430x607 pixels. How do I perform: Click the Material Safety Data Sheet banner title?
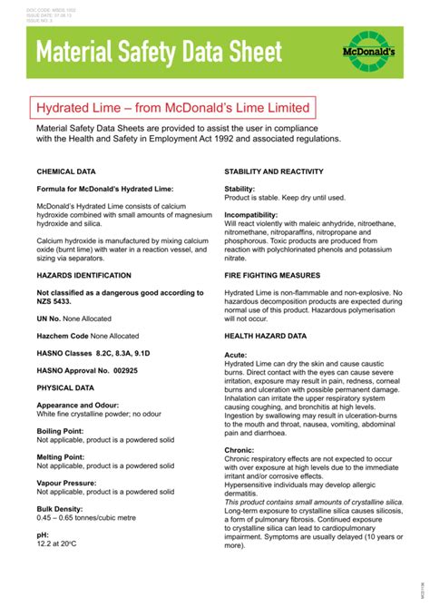coord(160,53)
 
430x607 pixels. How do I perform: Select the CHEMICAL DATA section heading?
coord(66,171)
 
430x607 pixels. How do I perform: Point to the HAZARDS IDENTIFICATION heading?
coord(83,275)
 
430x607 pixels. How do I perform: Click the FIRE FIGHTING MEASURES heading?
coord(276,274)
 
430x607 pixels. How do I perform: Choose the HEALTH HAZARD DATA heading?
coord(265,336)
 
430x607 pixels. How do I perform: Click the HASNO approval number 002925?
coord(122,370)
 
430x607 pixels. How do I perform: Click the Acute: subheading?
coord(236,354)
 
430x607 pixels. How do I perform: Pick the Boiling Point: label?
coord(61,431)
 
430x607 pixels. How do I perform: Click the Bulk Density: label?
coord(60,509)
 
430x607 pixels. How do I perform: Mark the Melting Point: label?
coord(61,457)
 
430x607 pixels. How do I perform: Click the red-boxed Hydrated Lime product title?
coord(172,108)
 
